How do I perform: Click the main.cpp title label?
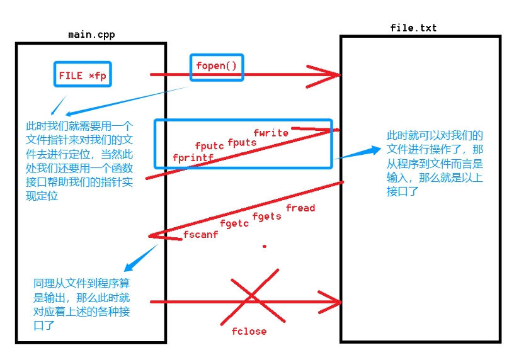[91, 34]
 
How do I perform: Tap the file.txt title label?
[413, 28]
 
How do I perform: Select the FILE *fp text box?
[83, 76]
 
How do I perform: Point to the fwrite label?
[271, 133]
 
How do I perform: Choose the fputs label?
[242, 142]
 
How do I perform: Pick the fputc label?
[210, 147]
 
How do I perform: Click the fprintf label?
[193, 157]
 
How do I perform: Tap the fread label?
[300, 208]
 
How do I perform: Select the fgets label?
[266, 217]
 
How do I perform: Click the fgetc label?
[234, 223]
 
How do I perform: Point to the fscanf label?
[200, 234]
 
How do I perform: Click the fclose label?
[249, 331]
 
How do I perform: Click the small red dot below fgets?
[265, 246]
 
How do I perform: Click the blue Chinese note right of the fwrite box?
[435, 163]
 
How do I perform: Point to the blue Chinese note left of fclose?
[82, 304]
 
